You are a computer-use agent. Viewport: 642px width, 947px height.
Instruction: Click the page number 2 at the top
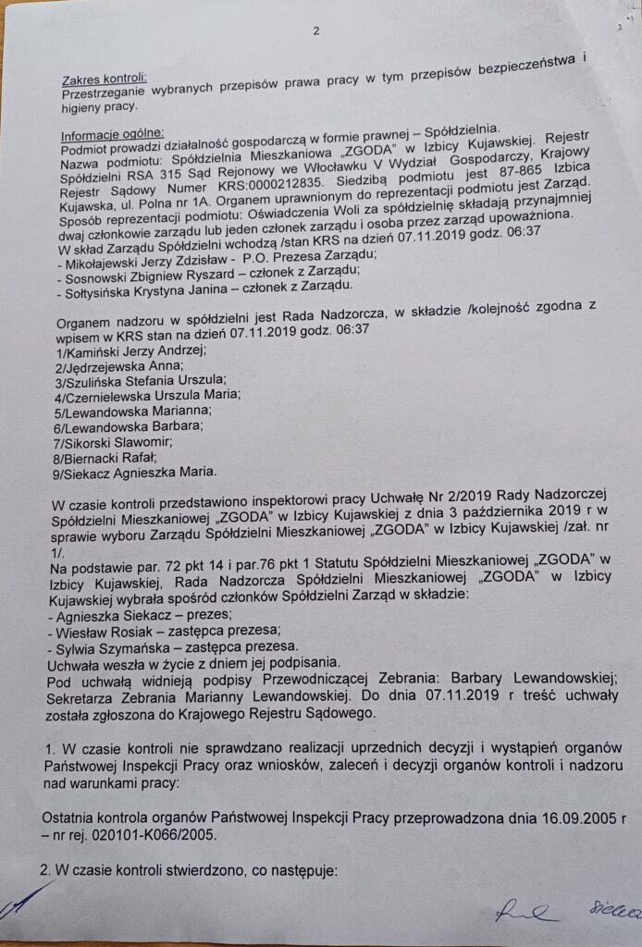pos(315,31)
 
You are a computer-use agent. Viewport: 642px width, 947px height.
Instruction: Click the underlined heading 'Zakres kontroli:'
pos(104,79)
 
